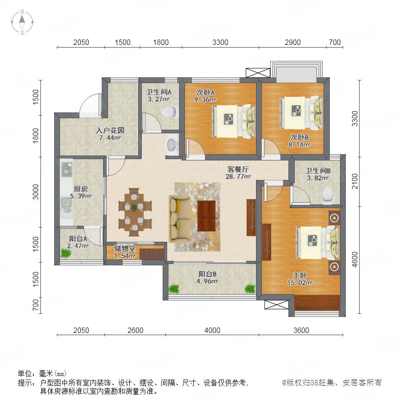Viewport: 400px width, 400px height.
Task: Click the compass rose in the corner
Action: [x=22, y=22]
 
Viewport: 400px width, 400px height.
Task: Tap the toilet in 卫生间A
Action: [x=170, y=112]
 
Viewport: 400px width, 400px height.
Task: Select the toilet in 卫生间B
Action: [x=327, y=196]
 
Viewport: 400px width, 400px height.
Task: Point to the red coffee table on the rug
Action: [x=206, y=216]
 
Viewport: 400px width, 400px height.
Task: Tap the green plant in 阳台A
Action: [x=66, y=253]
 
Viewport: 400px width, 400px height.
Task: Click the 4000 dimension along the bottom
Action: [x=212, y=330]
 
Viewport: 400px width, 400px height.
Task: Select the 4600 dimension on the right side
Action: [x=355, y=260]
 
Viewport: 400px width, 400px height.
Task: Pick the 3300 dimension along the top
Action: [x=220, y=42]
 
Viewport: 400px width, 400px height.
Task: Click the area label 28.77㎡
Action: [x=238, y=176]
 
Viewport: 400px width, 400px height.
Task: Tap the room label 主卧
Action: [x=300, y=276]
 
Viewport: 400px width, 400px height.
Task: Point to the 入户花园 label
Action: [x=110, y=131]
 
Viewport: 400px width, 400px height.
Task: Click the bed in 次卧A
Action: [x=233, y=120]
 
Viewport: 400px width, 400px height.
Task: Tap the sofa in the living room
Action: [x=180, y=219]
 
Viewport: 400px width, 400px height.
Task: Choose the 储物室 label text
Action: [x=124, y=248]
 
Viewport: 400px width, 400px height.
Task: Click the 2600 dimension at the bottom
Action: [x=135, y=330]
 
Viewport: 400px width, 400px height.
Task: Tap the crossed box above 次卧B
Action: [x=258, y=73]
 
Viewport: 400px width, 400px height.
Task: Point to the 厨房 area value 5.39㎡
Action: [x=81, y=196]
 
